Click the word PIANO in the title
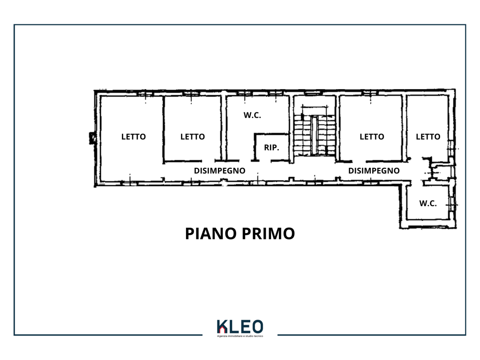pyautogui.click(x=211, y=233)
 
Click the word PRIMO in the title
pyautogui.click(x=268, y=233)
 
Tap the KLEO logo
pyautogui.click(x=240, y=329)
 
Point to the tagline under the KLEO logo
pyautogui.click(x=240, y=336)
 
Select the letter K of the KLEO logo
pyautogui.click(x=222, y=327)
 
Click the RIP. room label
pyautogui.click(x=271, y=148)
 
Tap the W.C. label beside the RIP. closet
pyautogui.click(x=252, y=115)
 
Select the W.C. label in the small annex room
pyautogui.click(x=428, y=203)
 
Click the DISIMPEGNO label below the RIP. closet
pyautogui.click(x=220, y=171)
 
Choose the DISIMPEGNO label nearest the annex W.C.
pyautogui.click(x=374, y=171)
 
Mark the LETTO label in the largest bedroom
pyautogui.click(x=134, y=137)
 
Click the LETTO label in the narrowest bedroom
pyautogui.click(x=428, y=137)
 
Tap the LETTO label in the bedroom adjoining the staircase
pyautogui.click(x=372, y=137)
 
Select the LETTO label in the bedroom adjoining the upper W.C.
pyautogui.click(x=193, y=137)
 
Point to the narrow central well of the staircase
pyautogui.click(x=315, y=135)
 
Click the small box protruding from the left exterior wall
pyautogui.click(x=92, y=138)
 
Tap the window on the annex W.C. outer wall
pyautogui.click(x=452, y=204)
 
